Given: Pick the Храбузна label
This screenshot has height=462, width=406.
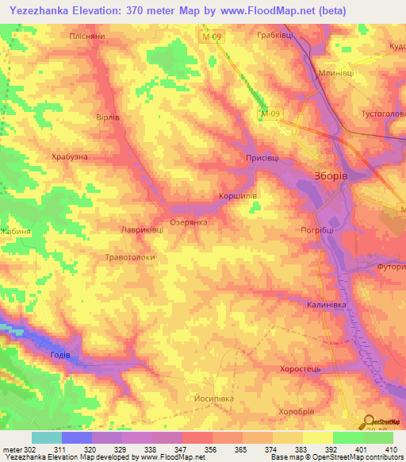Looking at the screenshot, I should pyautogui.click(x=69, y=156).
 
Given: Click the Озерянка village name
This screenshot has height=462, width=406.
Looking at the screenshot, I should pyautogui.click(x=190, y=222).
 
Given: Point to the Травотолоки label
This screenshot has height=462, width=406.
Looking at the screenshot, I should pyautogui.click(x=129, y=257).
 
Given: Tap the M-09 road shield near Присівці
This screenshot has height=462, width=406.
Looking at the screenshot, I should pyautogui.click(x=270, y=114).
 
